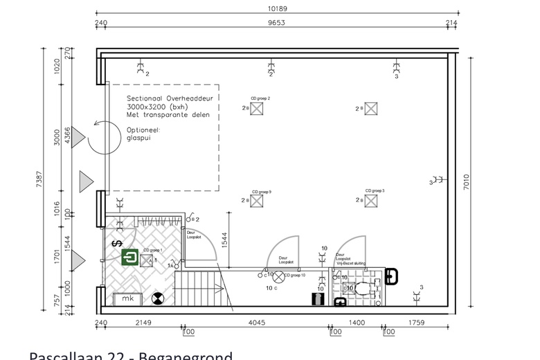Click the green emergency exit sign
coord(129,258)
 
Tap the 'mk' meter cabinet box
coord(127,298)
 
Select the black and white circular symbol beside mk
coord(157,298)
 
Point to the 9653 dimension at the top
coord(277,23)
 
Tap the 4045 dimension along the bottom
coord(255,322)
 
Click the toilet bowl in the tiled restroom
coord(361,290)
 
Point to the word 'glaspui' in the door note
coord(139,138)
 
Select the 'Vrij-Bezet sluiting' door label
coord(350,264)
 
